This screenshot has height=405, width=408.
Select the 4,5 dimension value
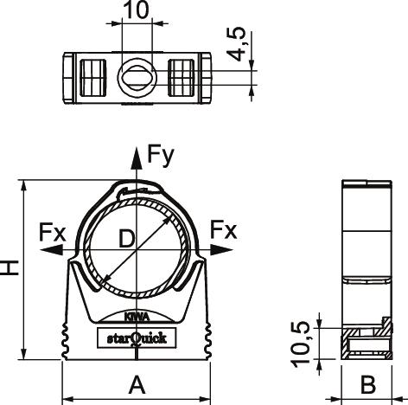pyautogui.click(x=236, y=44)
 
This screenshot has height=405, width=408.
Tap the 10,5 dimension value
pyautogui.click(x=301, y=344)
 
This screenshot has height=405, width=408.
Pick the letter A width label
pyautogui.click(x=137, y=384)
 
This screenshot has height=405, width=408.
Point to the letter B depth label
pyautogui.click(x=368, y=384)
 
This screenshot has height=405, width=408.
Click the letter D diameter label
pyautogui.click(x=127, y=239)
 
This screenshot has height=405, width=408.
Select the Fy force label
pyautogui.click(x=161, y=156)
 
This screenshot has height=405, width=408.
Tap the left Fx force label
pyautogui.click(x=53, y=233)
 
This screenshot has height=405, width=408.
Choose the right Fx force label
pyautogui.click(x=224, y=230)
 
